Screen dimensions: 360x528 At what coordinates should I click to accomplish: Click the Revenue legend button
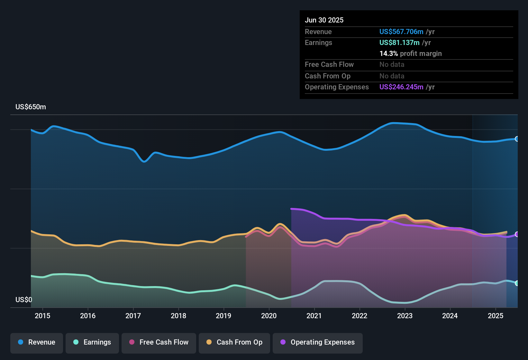37,342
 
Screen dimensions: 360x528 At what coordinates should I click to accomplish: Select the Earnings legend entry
92,342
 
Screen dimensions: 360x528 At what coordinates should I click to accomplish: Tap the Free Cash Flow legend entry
159,342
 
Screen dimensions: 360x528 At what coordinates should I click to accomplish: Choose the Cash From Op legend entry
234,342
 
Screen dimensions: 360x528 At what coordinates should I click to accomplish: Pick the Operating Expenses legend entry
318,342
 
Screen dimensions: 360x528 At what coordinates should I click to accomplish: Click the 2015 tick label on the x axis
42,316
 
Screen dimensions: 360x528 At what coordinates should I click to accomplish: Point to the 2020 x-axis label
269,316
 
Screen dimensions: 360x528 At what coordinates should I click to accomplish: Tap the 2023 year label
405,316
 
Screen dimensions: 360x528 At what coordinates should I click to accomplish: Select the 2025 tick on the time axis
496,316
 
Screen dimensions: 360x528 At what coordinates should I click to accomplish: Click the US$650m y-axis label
31,107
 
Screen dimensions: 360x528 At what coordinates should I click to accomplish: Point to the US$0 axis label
24,300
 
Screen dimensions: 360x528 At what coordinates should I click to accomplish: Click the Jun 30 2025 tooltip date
324,20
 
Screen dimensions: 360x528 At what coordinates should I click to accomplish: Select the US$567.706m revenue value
401,32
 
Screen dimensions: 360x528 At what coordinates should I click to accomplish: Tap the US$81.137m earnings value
399,43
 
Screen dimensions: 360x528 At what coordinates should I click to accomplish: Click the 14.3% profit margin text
410,54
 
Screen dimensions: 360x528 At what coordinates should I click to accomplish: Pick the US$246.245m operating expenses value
401,87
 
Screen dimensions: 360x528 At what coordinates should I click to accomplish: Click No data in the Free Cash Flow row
392,65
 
